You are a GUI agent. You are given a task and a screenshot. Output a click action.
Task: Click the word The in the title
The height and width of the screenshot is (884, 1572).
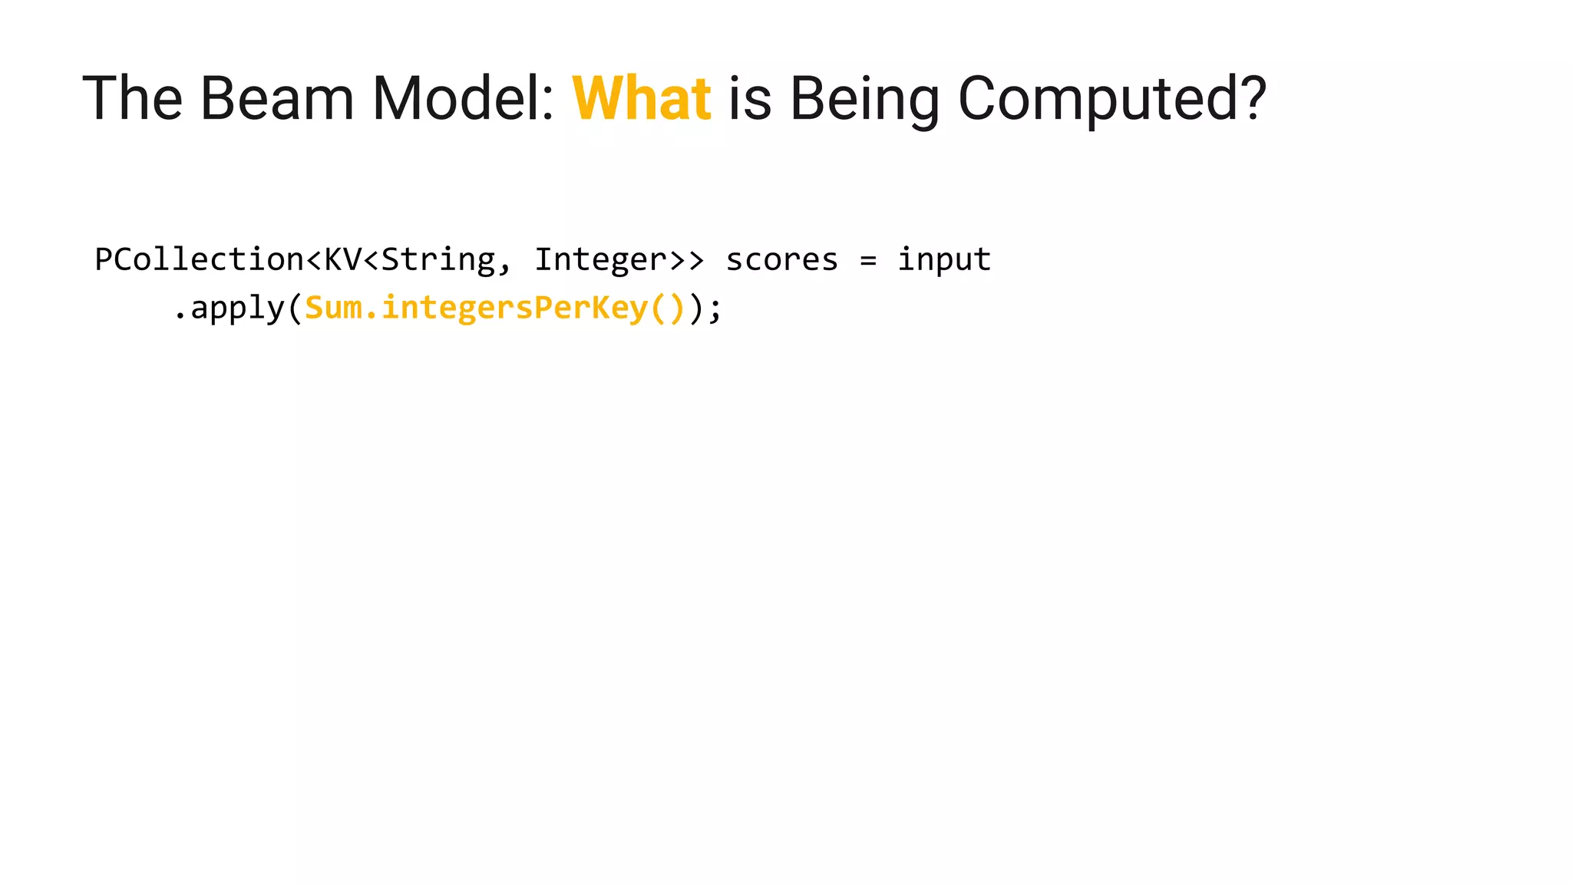click(x=132, y=98)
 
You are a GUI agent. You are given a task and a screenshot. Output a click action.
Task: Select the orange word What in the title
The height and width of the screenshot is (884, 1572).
click(x=641, y=98)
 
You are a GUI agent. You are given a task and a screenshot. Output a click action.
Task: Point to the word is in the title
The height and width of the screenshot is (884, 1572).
click(x=749, y=98)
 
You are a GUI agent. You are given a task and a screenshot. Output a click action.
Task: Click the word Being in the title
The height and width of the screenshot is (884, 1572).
click(x=864, y=100)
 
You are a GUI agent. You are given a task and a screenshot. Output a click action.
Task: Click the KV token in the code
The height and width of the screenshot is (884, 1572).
click(x=342, y=259)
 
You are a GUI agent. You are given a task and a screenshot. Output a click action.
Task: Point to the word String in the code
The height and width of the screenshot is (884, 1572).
click(x=438, y=259)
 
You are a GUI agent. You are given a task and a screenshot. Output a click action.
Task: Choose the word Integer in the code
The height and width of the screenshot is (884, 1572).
click(x=600, y=259)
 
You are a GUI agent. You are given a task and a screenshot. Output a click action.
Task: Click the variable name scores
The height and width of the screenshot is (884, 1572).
click(x=781, y=259)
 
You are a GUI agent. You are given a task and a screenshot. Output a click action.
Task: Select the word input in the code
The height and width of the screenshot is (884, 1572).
click(x=944, y=259)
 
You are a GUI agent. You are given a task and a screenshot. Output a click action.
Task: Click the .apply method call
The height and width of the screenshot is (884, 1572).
click(x=229, y=308)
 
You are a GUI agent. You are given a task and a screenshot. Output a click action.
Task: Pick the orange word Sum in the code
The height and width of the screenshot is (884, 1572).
click(x=333, y=308)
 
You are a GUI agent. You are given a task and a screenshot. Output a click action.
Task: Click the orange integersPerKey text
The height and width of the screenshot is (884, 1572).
click(x=514, y=308)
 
